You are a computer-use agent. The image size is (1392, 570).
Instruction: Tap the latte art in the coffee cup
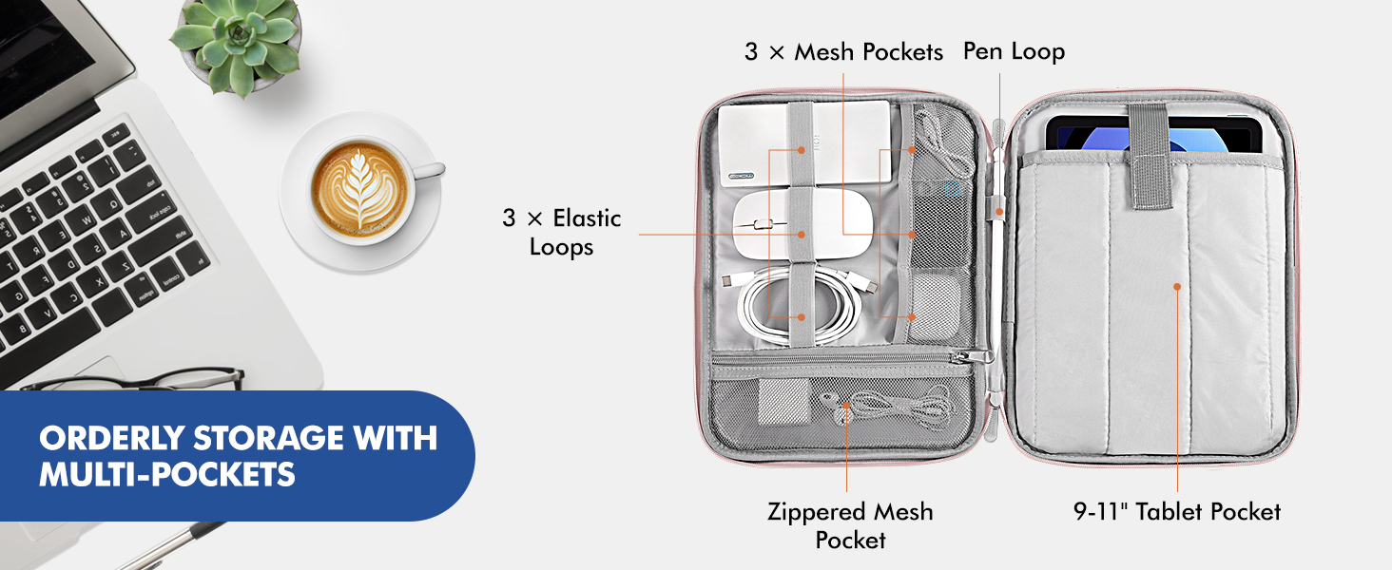(x=359, y=189)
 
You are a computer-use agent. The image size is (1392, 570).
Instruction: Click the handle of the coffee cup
(x=428, y=169)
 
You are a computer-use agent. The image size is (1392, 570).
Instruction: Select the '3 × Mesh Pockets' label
(x=843, y=51)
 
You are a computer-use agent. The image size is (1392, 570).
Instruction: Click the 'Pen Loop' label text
(x=1014, y=51)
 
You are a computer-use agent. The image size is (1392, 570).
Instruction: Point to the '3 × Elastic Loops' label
(x=562, y=232)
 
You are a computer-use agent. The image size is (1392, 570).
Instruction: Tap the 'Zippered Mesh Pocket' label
(x=850, y=525)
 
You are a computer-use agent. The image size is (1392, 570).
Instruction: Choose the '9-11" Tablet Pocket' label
(x=1177, y=512)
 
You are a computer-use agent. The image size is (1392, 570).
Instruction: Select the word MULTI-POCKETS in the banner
(x=167, y=475)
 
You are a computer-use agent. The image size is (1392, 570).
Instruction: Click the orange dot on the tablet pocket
(x=1177, y=287)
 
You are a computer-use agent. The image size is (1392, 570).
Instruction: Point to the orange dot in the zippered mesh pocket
(x=846, y=406)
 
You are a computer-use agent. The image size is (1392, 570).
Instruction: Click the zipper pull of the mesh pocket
(x=974, y=356)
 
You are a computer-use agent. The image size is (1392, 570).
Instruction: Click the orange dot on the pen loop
(x=999, y=212)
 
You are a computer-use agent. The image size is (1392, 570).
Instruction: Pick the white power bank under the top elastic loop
(x=804, y=143)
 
